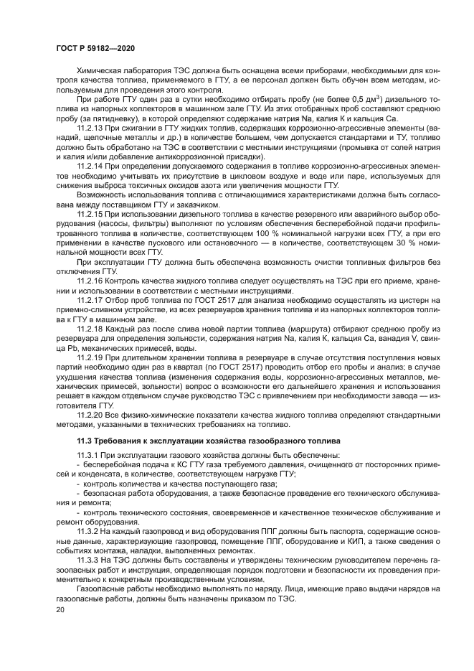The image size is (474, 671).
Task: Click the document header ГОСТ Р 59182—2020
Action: tap(95, 47)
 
